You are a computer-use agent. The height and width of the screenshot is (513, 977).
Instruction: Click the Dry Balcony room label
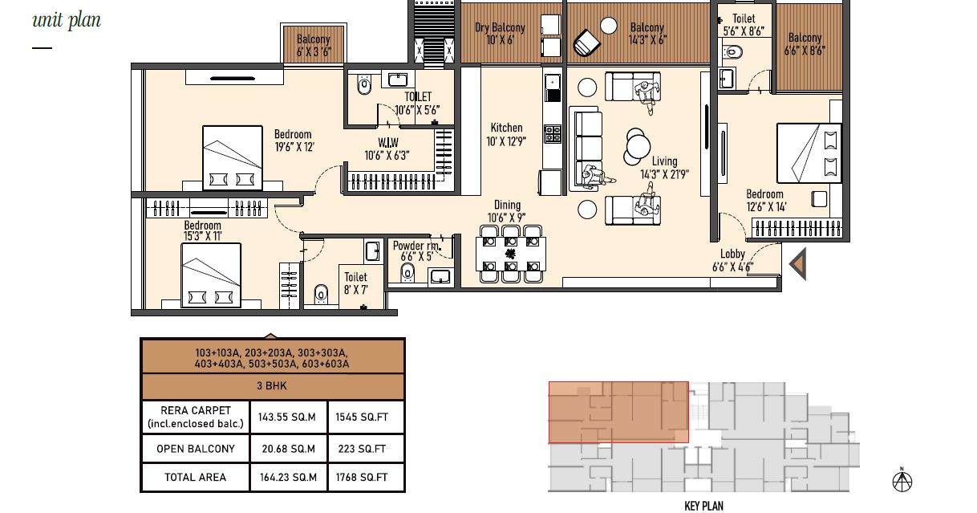coord(500,27)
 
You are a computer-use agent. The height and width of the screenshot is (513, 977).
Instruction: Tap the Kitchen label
coord(506,128)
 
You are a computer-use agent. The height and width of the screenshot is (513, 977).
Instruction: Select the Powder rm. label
coord(416,246)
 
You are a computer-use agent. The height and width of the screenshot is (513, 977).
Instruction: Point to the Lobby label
coord(732,254)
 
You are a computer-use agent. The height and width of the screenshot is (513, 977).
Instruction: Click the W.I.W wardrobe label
coord(387,142)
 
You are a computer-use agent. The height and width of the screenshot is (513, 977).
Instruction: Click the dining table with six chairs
coord(511,254)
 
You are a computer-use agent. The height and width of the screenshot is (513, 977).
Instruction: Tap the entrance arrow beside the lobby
coord(798,263)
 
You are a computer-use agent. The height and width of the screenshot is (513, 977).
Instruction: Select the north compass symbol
coord(902,480)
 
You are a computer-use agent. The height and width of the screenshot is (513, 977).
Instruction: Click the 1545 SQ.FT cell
coord(362,417)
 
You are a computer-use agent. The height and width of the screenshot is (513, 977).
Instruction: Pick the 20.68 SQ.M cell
coord(288,449)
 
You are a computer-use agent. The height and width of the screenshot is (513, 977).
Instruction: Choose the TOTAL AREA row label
coord(195,477)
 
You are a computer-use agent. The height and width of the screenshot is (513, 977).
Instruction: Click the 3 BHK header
coord(272,385)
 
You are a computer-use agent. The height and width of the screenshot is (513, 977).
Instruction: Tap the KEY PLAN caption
coord(703,506)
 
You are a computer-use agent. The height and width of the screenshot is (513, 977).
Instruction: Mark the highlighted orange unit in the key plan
coord(618,412)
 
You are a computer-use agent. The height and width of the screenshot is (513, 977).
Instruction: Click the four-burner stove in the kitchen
coord(552,134)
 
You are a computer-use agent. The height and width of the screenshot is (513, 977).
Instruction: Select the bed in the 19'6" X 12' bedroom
coord(233,158)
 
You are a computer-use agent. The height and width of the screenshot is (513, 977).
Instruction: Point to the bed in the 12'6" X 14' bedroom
coord(809,153)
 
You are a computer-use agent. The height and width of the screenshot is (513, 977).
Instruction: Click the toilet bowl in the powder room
coord(407,273)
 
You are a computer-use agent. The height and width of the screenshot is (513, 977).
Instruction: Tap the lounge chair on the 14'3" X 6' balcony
coord(586,43)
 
